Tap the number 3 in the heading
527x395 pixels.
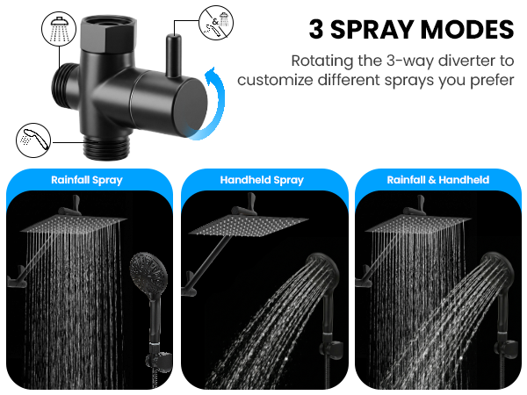point(316,30)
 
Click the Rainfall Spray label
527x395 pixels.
point(85,180)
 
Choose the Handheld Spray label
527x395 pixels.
point(262,180)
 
